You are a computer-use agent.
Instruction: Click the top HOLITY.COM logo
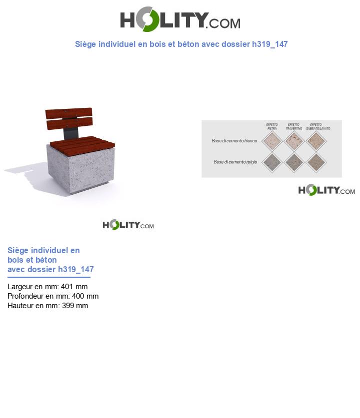tap(180, 19)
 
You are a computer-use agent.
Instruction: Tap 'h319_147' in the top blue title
tap(270, 44)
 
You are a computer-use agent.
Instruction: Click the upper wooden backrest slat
tap(68, 112)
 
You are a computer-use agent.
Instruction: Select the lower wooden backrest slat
tap(69, 121)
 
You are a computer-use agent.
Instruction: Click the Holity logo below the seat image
tap(128, 225)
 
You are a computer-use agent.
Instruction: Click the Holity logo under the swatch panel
tap(326, 190)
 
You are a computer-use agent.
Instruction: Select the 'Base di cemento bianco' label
tap(234, 141)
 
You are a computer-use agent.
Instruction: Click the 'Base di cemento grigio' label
tap(235, 162)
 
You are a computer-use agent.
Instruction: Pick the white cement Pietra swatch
tap(272, 141)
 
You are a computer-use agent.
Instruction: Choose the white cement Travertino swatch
tap(294, 141)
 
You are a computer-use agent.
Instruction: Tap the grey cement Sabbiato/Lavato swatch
tap(316, 162)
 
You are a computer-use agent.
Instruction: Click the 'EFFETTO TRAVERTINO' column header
tap(294, 126)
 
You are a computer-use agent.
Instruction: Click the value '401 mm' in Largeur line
tap(74, 287)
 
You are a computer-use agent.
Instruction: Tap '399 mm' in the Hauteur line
tap(75, 306)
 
